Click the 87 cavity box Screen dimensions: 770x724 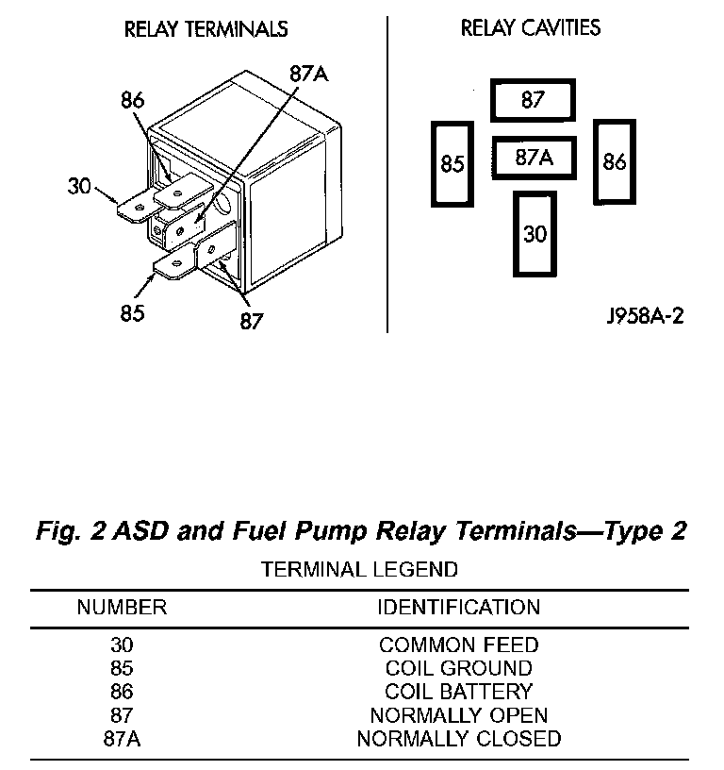coord(533,100)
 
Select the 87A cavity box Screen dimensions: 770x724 coord(533,159)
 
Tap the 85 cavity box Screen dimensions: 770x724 coord(453,163)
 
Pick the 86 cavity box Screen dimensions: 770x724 coord(614,161)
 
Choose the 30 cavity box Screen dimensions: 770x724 coord(535,233)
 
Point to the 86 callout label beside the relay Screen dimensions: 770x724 coord(133,100)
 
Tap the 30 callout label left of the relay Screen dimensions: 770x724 coord(79,186)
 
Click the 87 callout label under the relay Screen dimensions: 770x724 coord(251,321)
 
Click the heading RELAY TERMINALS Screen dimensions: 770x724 coord(206,29)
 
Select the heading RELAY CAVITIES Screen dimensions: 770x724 coord(531,28)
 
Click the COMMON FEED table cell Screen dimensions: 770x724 coord(458,645)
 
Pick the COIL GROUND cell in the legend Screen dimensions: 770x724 coord(458,668)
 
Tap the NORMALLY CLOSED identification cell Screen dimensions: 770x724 coord(458,738)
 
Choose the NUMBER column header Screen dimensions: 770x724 coord(122,607)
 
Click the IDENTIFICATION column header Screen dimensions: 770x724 coord(458,607)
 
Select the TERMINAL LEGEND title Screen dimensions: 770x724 coord(359,569)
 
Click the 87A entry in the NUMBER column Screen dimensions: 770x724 coord(122,738)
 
